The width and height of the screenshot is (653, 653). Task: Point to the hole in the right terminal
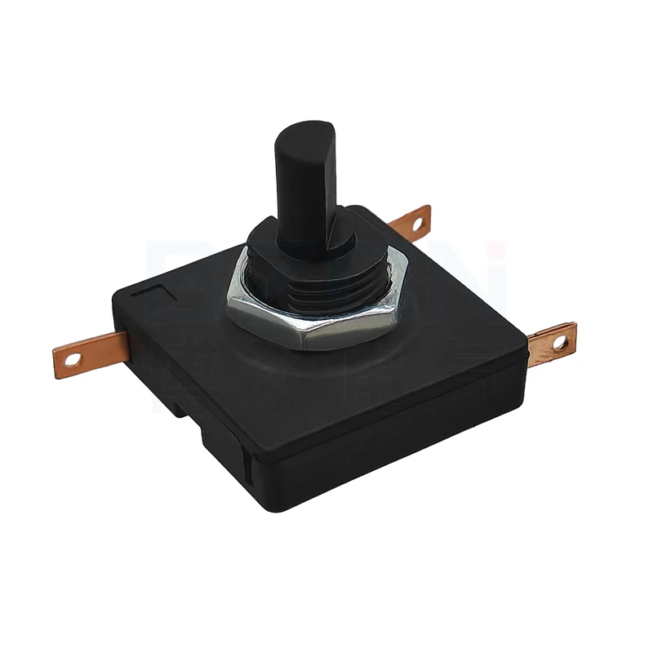click(561, 343)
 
